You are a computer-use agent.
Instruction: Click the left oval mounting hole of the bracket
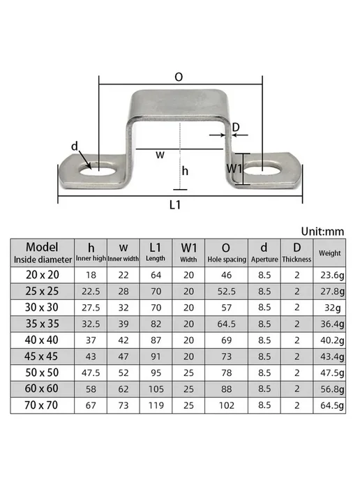pyautogui.click(x=98, y=170)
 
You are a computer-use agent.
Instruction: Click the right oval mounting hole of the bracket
pyautogui.click(x=262, y=169)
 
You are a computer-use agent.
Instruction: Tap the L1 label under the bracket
pyautogui.click(x=175, y=205)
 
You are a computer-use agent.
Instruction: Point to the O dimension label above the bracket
pyautogui.click(x=179, y=77)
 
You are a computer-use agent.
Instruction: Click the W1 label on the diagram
pyautogui.click(x=234, y=168)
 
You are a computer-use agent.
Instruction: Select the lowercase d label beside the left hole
pyautogui.click(x=75, y=147)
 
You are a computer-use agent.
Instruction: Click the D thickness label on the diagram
pyautogui.click(x=236, y=127)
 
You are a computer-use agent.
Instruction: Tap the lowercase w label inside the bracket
pyautogui.click(x=160, y=155)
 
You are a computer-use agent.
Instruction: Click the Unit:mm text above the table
pyautogui.click(x=322, y=232)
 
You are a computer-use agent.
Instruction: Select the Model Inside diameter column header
pyautogui.click(x=43, y=253)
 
